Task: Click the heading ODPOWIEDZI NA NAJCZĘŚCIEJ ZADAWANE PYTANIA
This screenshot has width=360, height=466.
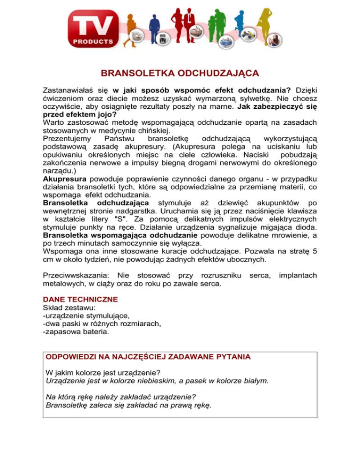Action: click(x=148, y=357)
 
